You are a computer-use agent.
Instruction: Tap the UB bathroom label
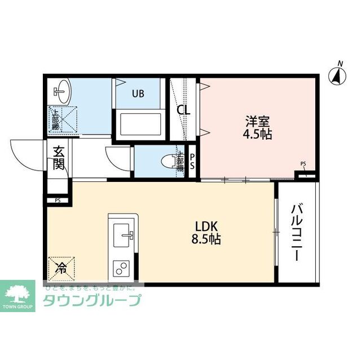(138, 94)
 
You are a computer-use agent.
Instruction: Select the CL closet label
(184, 110)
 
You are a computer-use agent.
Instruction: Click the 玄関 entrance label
(59, 158)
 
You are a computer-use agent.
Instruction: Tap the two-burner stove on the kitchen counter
(122, 268)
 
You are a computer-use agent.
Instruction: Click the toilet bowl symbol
(169, 162)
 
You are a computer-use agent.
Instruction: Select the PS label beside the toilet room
(192, 161)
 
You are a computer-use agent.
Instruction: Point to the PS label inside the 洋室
(303, 165)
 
